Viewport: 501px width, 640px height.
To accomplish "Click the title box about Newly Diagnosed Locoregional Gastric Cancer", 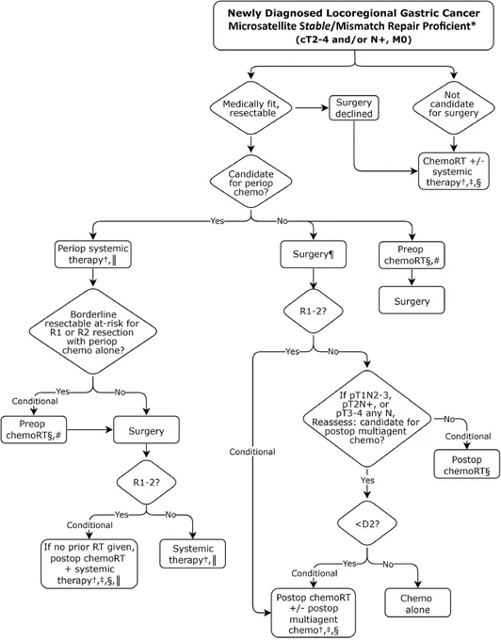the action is (x=353, y=25).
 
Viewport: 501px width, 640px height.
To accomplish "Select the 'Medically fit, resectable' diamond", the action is (x=251, y=108).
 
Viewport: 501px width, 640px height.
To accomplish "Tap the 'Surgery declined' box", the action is (x=353, y=108).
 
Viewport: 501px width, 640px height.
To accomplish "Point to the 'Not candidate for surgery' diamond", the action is (x=453, y=104).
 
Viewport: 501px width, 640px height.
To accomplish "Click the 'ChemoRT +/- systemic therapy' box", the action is (x=453, y=171).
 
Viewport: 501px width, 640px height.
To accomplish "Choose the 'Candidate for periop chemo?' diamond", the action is (x=251, y=183).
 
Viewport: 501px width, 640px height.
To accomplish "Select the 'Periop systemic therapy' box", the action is (x=93, y=254).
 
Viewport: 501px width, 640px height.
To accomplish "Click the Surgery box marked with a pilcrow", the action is (x=314, y=255).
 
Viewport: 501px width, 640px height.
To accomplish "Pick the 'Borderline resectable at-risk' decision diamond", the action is (x=93, y=331).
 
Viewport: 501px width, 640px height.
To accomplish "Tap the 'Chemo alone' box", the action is (x=418, y=603).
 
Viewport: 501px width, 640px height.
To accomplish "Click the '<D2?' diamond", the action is (x=367, y=523).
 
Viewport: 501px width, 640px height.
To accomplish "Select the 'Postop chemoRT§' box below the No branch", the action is (x=467, y=464).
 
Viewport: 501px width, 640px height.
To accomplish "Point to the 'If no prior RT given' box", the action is (x=89, y=564).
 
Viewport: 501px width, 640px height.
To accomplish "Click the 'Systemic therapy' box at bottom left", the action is (x=192, y=553).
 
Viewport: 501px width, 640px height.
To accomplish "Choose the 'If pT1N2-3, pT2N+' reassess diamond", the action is (x=366, y=418).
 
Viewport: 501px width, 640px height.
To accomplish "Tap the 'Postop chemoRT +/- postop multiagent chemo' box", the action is (x=314, y=613).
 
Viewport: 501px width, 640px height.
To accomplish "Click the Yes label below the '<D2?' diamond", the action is (x=349, y=564).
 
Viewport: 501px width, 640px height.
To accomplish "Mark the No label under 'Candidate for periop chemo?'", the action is (x=283, y=221).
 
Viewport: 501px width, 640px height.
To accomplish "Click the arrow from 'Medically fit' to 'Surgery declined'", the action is (x=312, y=108).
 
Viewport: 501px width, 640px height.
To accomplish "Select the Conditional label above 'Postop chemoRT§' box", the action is (x=468, y=437).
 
